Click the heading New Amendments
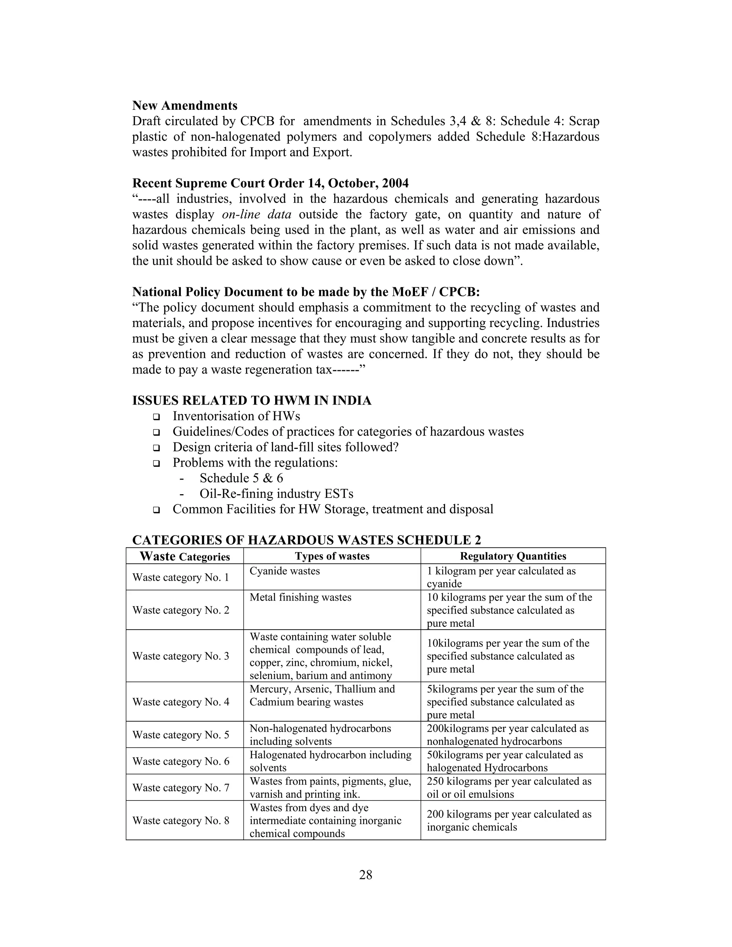pyautogui.click(x=185, y=106)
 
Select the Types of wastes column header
pyautogui.click(x=332, y=556)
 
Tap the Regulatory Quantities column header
pyautogui.click(x=513, y=556)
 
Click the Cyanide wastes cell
pyautogui.click(x=285, y=571)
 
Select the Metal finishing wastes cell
pyautogui.click(x=300, y=598)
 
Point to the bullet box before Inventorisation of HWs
pyautogui.click(x=156, y=417)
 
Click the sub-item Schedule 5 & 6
pyautogui.click(x=241, y=478)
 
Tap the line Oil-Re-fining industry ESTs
pyautogui.click(x=276, y=494)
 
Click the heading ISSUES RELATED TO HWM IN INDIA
pyautogui.click(x=252, y=401)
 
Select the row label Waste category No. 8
pyautogui.click(x=180, y=821)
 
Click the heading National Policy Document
pyautogui.click(x=306, y=292)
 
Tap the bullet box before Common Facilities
pyautogui.click(x=156, y=510)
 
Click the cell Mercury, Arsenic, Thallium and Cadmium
pyautogui.click(x=322, y=695)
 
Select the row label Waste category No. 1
pyautogui.click(x=180, y=577)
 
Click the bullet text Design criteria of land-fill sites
pyautogui.click(x=285, y=447)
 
